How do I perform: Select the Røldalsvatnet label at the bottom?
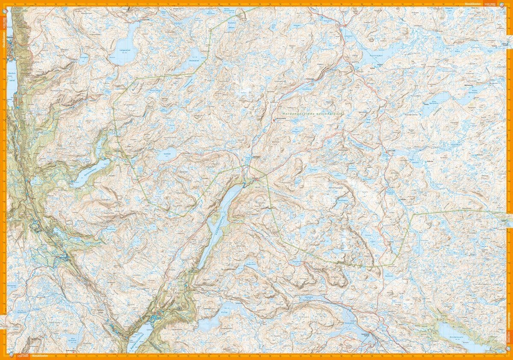click(136, 340)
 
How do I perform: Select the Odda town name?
click(16, 37)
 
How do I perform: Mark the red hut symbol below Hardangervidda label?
click(274, 121)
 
